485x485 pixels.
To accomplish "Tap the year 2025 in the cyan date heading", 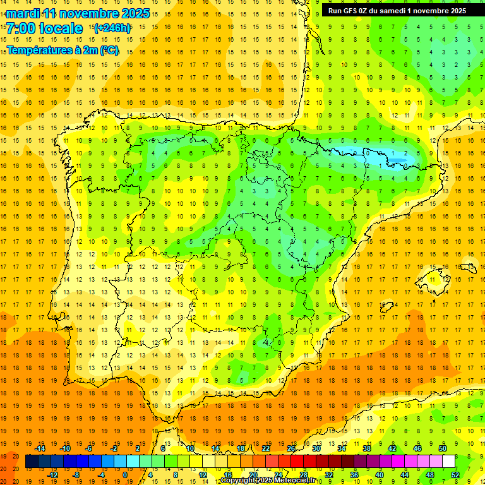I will (134, 13).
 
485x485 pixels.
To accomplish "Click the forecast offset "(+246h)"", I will (112, 28).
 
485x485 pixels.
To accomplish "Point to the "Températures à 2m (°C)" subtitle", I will (63, 50).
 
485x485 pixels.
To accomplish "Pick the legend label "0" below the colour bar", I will (125, 475).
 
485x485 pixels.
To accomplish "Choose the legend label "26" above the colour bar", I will (291, 448).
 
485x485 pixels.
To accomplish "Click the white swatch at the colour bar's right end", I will (455, 462).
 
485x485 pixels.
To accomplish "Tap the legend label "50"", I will (443, 448).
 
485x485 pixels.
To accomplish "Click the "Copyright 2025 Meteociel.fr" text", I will (268, 481).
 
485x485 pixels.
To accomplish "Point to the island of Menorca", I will (468, 268).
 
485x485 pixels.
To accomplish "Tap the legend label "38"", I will (367, 448).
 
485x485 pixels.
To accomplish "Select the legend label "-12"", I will (52, 475).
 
